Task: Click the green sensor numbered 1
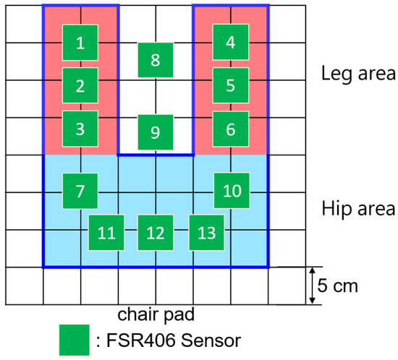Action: [80, 43]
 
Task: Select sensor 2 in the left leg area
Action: [80, 85]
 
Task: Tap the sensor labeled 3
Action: [80, 129]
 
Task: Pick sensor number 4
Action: [230, 43]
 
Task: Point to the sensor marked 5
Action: [230, 85]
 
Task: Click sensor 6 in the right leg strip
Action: [230, 129]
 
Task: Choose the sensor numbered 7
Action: [80, 191]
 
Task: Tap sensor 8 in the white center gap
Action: [155, 60]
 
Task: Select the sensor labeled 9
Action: [155, 132]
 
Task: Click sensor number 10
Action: [232, 191]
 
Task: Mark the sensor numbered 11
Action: [106, 233]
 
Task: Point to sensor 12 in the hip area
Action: [155, 233]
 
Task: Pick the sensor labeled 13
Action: [206, 233]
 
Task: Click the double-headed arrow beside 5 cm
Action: [311, 286]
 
